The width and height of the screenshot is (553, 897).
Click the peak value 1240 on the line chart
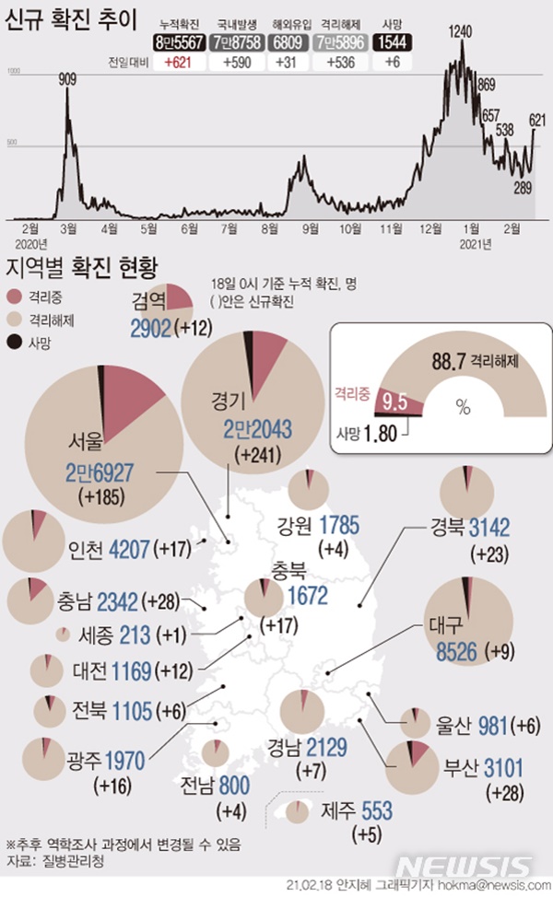click(x=461, y=31)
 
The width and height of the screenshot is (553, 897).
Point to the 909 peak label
click(x=67, y=79)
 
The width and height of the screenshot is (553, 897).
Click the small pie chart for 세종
click(x=63, y=635)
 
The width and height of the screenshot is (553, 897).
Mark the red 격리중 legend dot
click(x=14, y=296)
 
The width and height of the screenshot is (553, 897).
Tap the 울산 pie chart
click(x=417, y=724)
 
